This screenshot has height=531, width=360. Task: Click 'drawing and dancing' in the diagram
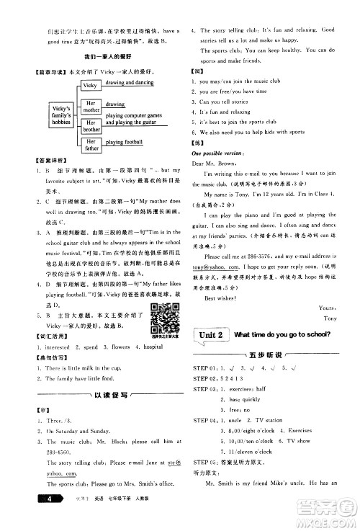[130, 84]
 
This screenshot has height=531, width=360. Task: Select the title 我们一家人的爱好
[108, 55]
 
